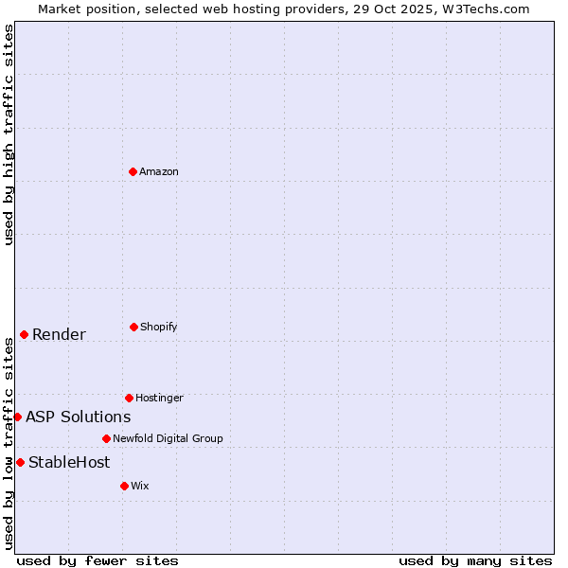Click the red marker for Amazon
tap(133, 171)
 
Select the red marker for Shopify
tap(133, 327)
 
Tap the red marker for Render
tap(24, 334)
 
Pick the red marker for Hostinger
tap(129, 398)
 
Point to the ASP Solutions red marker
tap(17, 417)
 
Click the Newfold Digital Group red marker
tap(106, 438)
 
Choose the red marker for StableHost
tap(20, 462)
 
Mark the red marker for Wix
tap(124, 486)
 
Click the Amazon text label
tap(159, 171)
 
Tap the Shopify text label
tap(159, 327)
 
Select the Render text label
tap(59, 334)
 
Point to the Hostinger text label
tap(159, 398)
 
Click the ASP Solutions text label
tap(78, 417)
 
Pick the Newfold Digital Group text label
tap(168, 438)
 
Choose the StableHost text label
tap(69, 462)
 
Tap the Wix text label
tap(140, 486)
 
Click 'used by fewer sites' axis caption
tap(98, 560)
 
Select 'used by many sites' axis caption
tap(475, 560)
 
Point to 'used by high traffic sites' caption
tap(9, 134)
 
